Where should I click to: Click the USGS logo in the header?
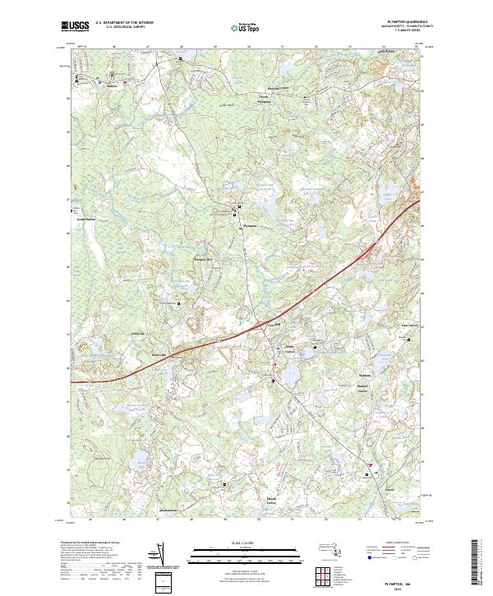[x=76, y=27]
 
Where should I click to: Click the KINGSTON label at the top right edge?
[x=387, y=51]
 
